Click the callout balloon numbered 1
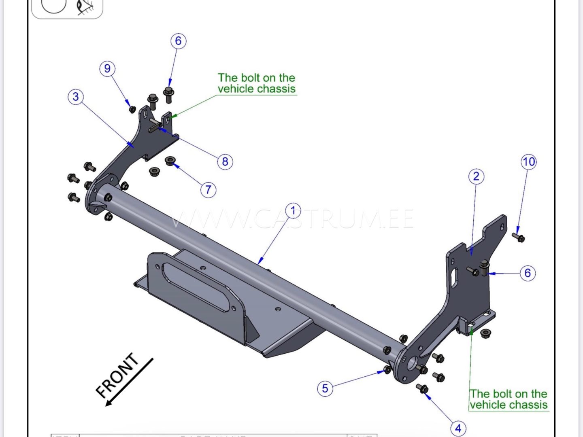click(293, 210)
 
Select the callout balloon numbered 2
click(476, 176)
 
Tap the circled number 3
click(76, 97)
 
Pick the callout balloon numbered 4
click(458, 428)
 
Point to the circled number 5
click(325, 388)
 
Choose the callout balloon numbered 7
click(208, 189)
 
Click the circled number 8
click(225, 162)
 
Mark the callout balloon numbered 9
click(107, 68)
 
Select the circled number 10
click(528, 162)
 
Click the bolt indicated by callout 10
click(518, 237)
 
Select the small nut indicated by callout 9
click(132, 109)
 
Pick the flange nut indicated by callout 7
click(170, 161)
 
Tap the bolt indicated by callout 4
click(422, 389)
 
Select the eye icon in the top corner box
click(85, 7)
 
